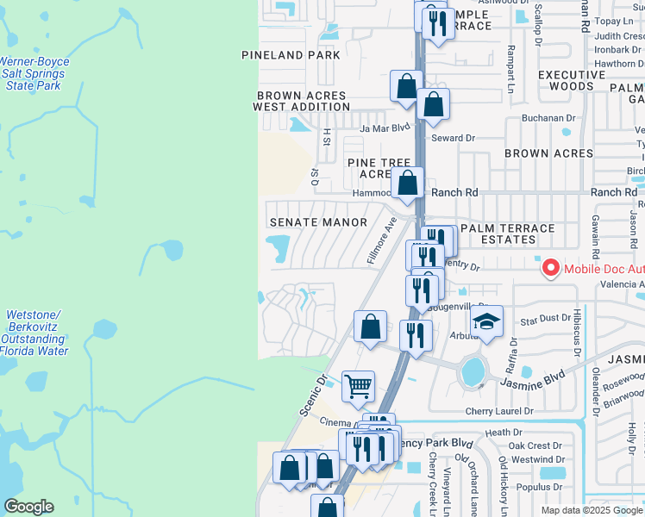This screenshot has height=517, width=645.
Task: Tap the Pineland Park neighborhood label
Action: click(x=291, y=55)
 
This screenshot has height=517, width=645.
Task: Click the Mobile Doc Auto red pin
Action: click(x=550, y=269)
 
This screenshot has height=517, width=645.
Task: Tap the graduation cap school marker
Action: click(x=487, y=322)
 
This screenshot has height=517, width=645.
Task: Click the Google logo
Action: click(x=28, y=507)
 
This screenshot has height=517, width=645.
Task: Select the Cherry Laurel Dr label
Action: click(x=501, y=412)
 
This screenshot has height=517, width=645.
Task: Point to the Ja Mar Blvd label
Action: click(x=385, y=128)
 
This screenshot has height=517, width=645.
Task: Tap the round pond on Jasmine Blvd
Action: click(x=473, y=372)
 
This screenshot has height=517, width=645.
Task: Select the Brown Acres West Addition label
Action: click(x=302, y=102)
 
